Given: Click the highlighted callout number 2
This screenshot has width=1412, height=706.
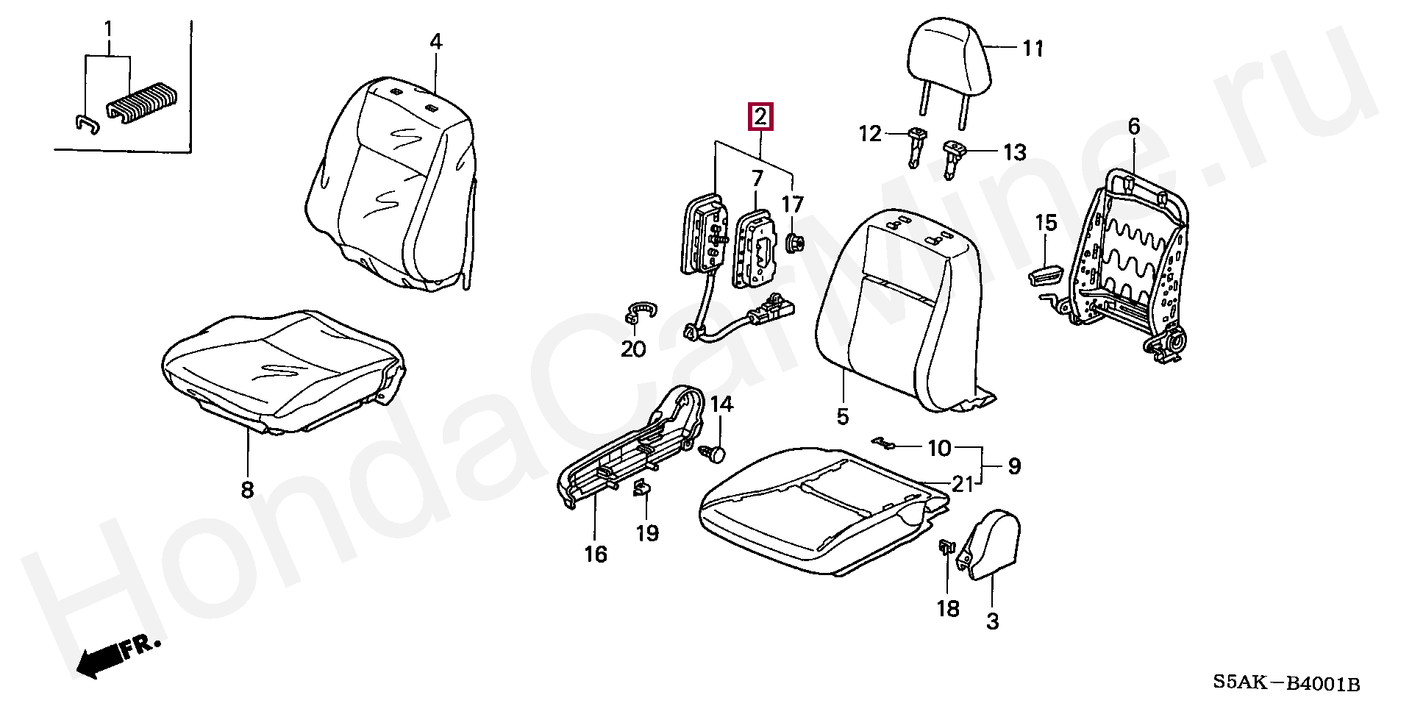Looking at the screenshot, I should pos(760,118).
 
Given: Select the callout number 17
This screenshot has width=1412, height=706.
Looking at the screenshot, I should pos(792,204).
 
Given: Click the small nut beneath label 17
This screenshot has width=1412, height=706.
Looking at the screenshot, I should pos(794,243).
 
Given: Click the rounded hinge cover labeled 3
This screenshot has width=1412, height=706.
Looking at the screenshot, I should pos(990,544).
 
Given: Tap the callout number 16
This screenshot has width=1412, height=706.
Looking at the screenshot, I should pos(596,554).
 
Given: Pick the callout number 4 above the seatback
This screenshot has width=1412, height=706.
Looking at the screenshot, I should pos(436,42).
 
